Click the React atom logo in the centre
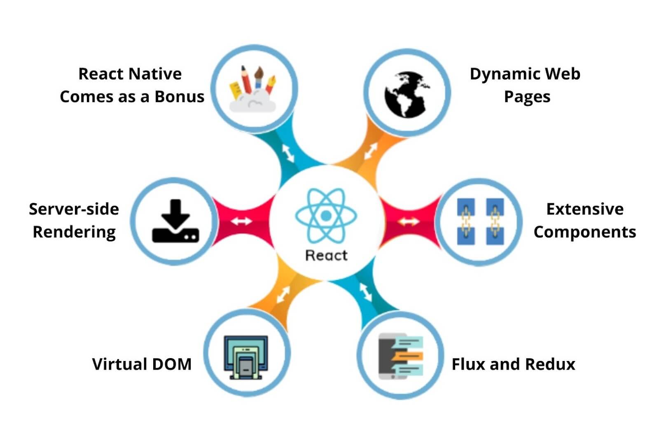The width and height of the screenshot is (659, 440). point(326,215)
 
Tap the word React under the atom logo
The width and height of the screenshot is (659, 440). point(326,255)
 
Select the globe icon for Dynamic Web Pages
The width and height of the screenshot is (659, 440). point(406,95)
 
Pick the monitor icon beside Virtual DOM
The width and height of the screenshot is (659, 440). point(246,357)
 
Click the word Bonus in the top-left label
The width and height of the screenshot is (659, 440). point(179,97)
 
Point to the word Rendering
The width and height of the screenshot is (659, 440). point(74,232)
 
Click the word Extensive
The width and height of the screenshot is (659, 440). point(584,209)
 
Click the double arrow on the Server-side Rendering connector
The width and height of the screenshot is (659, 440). point(241,221)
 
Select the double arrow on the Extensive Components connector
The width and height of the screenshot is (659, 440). point(408,222)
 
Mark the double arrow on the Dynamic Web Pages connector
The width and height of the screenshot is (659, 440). point(371,151)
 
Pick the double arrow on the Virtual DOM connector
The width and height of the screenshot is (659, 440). point(283,295)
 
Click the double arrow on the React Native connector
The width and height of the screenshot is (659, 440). point(288,153)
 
